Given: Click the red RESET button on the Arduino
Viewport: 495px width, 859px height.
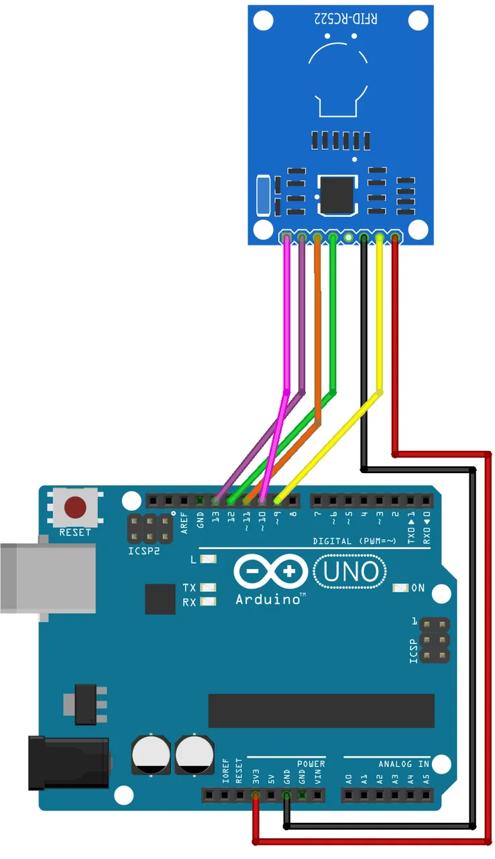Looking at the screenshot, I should point(75,507).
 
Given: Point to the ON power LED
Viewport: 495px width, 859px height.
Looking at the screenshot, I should point(401,588).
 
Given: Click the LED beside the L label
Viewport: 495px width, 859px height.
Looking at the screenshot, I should point(209,559).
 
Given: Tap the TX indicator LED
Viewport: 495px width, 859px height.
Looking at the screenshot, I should point(209,588).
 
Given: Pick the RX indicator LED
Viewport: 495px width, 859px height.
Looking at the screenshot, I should point(209,602).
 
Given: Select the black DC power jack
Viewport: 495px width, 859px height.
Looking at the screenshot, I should point(67,762).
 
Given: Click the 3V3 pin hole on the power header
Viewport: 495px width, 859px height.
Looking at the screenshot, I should point(256,796).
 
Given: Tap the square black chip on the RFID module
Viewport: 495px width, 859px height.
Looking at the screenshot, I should point(339,194).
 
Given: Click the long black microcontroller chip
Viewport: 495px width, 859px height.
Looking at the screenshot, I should point(321,711).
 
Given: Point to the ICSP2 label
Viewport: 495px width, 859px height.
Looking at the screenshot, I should point(144,552).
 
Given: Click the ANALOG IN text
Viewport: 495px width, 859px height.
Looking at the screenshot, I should point(404,764).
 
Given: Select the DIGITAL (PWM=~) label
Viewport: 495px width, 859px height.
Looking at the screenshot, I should point(355,541).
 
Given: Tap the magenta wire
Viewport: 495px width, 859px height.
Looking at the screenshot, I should point(287,315).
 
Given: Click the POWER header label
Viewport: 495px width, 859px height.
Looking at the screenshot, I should point(311,764).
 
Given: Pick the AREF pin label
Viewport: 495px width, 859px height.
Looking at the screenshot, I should point(184,523).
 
